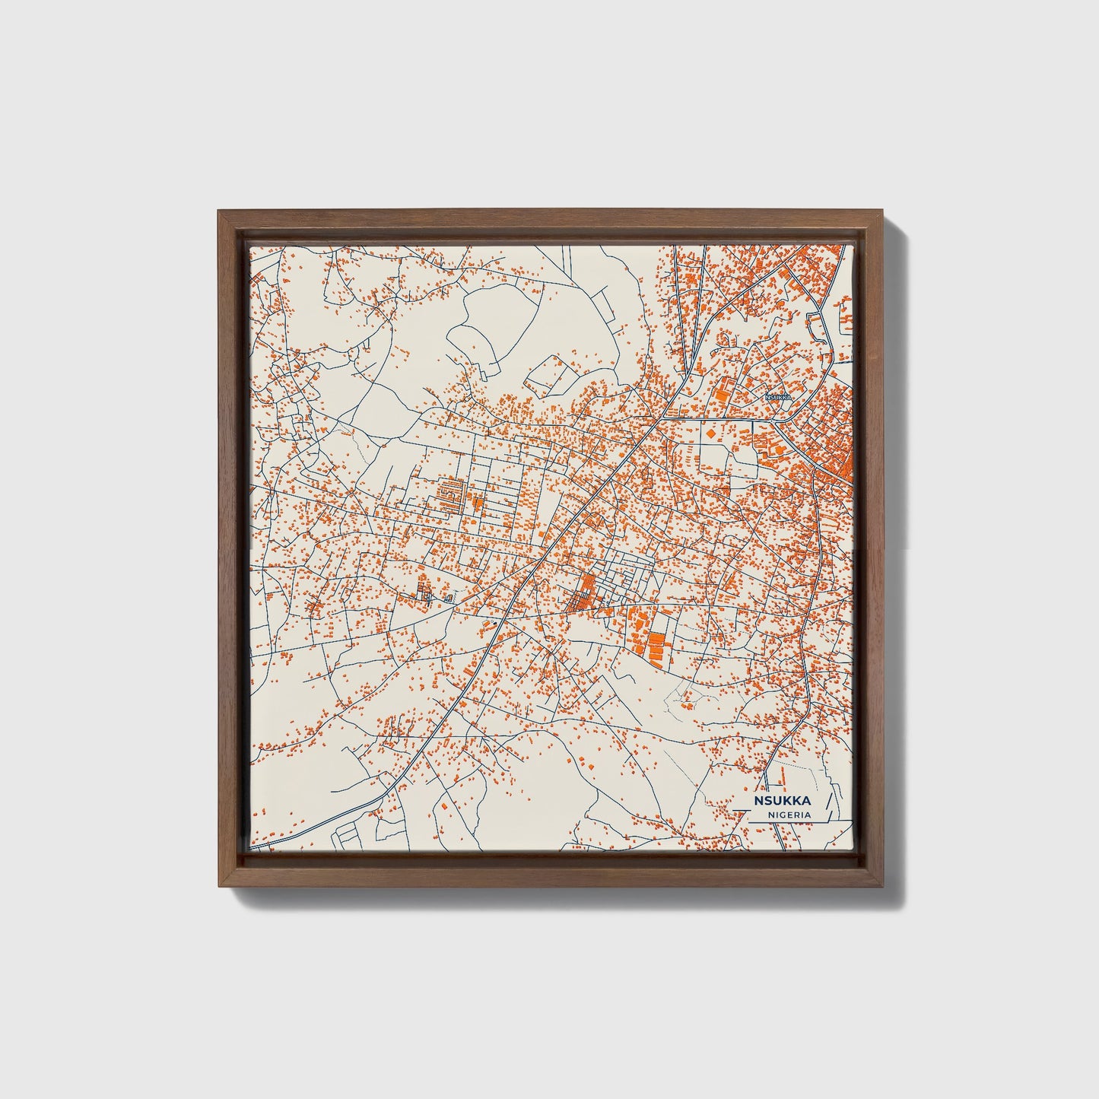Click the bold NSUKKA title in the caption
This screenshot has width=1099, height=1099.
(783, 801)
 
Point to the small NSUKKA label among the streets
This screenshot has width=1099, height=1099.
(779, 397)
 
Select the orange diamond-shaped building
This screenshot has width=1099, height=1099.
(710, 433)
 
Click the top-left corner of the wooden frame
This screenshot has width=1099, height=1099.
(220, 212)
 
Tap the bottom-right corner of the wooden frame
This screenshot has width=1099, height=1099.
(882, 885)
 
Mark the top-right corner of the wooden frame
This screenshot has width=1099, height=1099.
(882, 212)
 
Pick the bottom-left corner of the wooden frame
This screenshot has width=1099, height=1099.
(220, 885)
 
